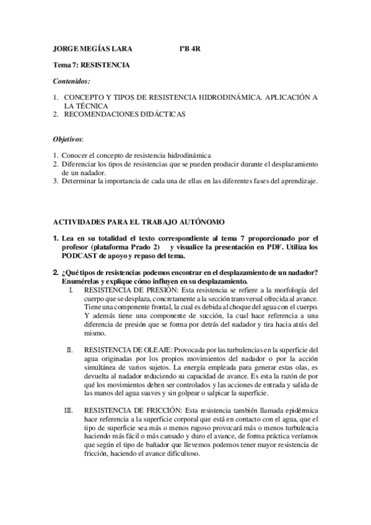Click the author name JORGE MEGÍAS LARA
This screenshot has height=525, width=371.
point(93,47)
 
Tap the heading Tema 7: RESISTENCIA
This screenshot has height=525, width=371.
point(91,64)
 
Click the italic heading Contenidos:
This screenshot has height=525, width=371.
point(71,81)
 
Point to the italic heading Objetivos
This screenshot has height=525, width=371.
point(68,139)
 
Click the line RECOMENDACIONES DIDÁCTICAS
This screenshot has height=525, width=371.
point(124,115)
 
